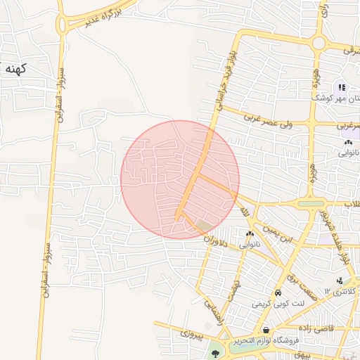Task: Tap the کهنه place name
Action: (x=14, y=69)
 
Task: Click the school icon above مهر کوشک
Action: (x=341, y=87)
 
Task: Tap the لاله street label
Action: (x=244, y=211)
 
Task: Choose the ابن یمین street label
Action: (x=276, y=233)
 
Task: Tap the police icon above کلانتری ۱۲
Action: (x=340, y=281)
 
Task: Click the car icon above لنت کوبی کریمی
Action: (x=278, y=292)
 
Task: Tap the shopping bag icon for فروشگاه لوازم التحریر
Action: (x=266, y=329)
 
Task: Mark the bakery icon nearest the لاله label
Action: (x=250, y=234)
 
